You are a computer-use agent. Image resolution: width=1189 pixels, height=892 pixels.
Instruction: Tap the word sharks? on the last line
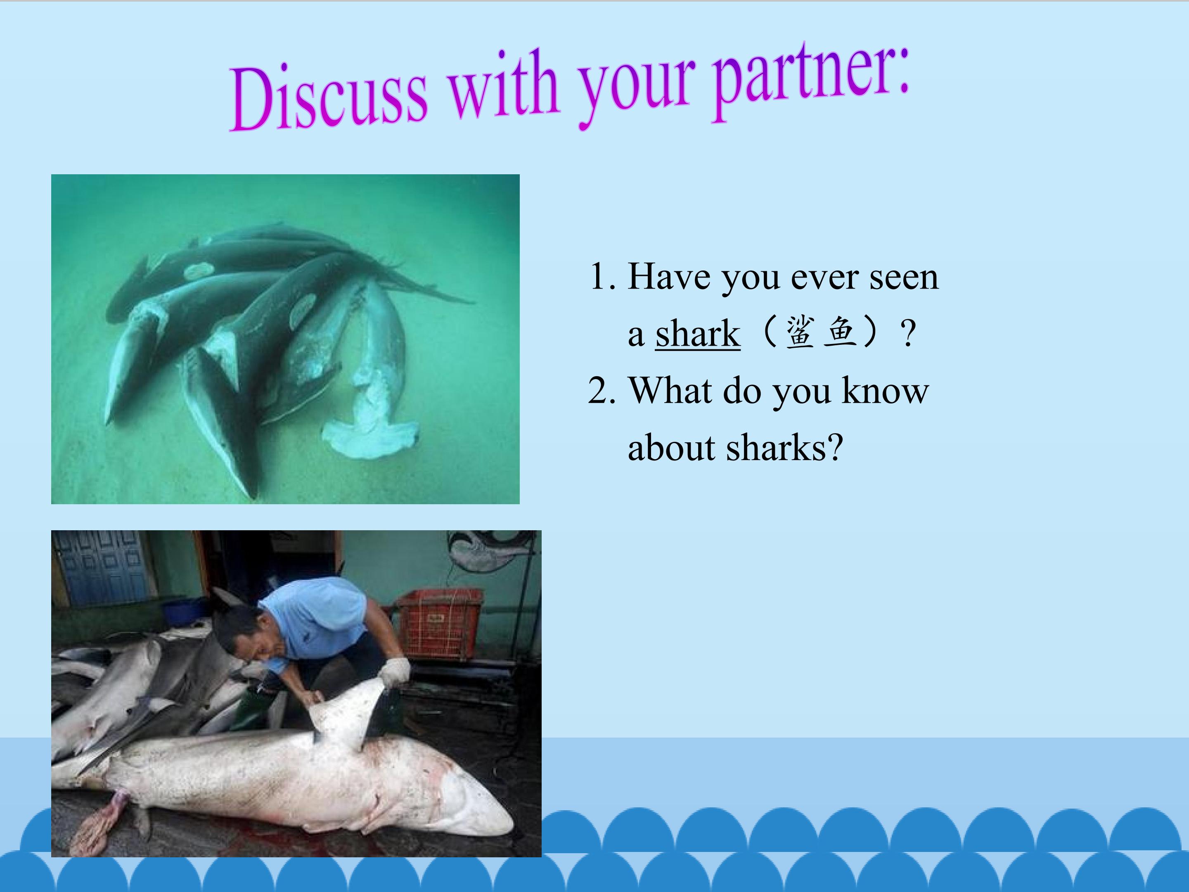(784, 448)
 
